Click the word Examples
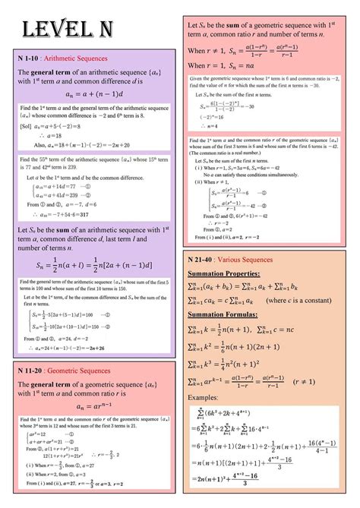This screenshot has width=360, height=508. pos(202,397)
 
